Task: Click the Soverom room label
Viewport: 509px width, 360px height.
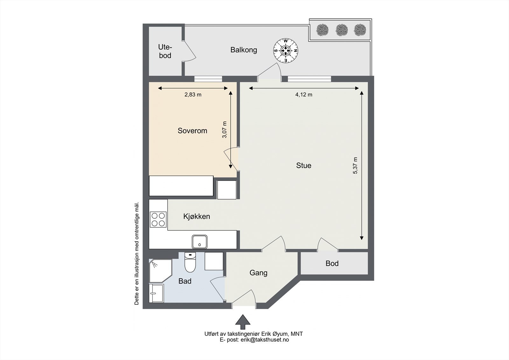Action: pos(192,131)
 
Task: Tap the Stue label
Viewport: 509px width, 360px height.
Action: pos(303,165)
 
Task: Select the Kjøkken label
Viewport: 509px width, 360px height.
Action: pos(197,216)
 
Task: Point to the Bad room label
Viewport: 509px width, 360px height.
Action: pos(185,281)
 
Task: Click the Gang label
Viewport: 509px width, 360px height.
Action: pos(258,273)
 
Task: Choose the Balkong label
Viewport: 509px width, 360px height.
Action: pos(244,50)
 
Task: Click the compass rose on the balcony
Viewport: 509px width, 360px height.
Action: pos(286,51)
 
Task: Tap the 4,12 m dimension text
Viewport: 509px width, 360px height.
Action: pos(303,95)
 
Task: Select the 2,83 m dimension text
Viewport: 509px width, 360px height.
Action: pos(193,95)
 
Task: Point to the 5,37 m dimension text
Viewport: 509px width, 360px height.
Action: pos(355,166)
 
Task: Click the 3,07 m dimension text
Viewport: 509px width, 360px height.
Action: pos(224,130)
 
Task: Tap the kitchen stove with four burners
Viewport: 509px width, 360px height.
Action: pos(158,220)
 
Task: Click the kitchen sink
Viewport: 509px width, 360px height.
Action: pos(199,242)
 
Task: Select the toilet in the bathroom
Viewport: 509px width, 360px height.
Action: pos(190,262)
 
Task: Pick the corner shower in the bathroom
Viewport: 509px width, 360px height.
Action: pos(160,271)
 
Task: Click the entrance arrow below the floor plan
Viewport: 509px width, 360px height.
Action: pos(243,322)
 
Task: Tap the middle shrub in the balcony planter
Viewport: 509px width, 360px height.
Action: pos(342,30)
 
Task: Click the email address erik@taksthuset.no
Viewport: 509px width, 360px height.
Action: pos(265,340)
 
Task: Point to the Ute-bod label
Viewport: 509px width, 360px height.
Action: pos(165,51)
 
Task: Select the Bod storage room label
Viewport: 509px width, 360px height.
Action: pos(332,263)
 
